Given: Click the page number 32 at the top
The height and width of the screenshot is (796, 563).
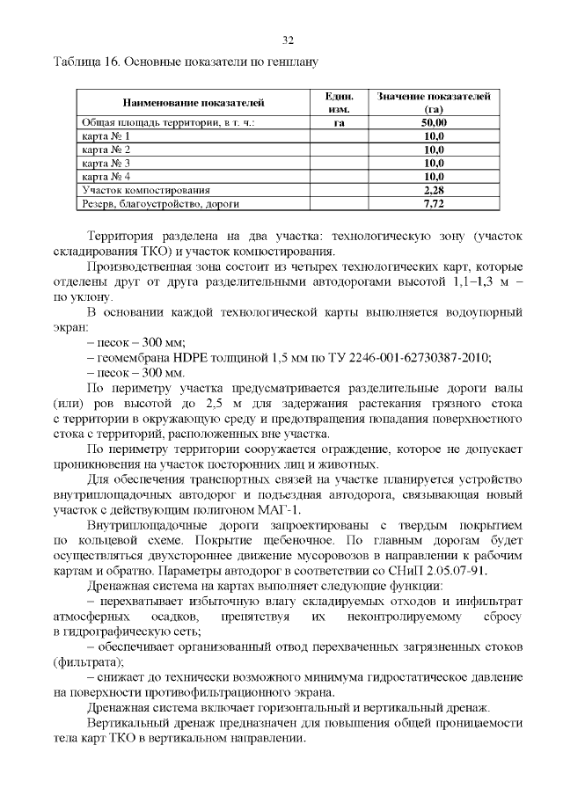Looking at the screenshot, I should (287, 40).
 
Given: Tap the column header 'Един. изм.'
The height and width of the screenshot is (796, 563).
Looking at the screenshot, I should (339, 103).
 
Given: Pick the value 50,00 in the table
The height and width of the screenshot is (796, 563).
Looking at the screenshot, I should (433, 123).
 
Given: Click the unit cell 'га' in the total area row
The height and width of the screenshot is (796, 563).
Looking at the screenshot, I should (339, 123).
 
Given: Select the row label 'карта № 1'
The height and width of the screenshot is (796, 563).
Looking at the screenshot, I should (106, 137).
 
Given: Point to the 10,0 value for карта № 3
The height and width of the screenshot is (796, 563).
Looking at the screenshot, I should (433, 164).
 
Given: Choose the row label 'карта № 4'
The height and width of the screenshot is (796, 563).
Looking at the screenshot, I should (106, 177).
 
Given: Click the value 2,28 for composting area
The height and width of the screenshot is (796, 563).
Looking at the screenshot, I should (433, 190).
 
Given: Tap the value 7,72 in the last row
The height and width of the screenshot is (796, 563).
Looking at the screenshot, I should (433, 203).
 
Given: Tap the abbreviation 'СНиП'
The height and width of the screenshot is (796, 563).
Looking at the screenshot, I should (392, 570).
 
